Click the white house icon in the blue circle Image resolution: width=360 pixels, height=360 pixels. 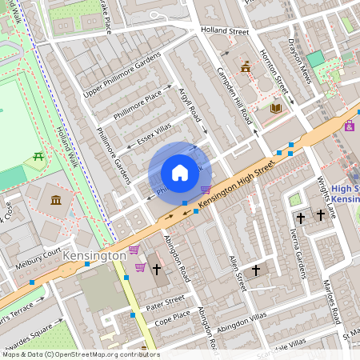(x=180, y=173)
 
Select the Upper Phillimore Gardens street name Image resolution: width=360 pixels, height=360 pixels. (x=122, y=77)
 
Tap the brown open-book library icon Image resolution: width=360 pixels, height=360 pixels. (x=276, y=108)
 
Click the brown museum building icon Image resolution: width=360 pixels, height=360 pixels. (x=56, y=198)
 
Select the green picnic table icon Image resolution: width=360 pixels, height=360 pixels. (x=38, y=159)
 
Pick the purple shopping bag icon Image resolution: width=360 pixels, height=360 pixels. (x=350, y=126)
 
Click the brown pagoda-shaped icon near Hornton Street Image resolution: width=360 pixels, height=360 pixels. (x=246, y=67)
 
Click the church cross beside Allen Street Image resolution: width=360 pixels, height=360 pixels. (x=256, y=271)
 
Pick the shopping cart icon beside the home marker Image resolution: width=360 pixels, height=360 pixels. (x=206, y=190)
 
